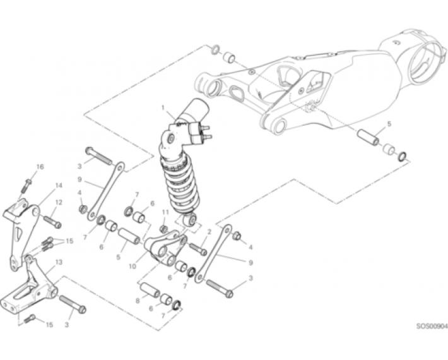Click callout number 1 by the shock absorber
coord(163,108)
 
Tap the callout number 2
coord(209,232)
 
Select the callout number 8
coord(138,301)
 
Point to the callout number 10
coord(133,267)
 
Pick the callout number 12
coord(59,203)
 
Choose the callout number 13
coord(59,262)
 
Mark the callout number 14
coord(59,186)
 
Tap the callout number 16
coord(40,167)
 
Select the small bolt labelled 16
coord(27,186)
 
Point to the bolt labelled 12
coord(52,222)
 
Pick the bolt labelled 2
coord(198,249)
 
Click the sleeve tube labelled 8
coord(150,290)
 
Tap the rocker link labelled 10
coord(164,248)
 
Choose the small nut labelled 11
coord(164,229)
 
